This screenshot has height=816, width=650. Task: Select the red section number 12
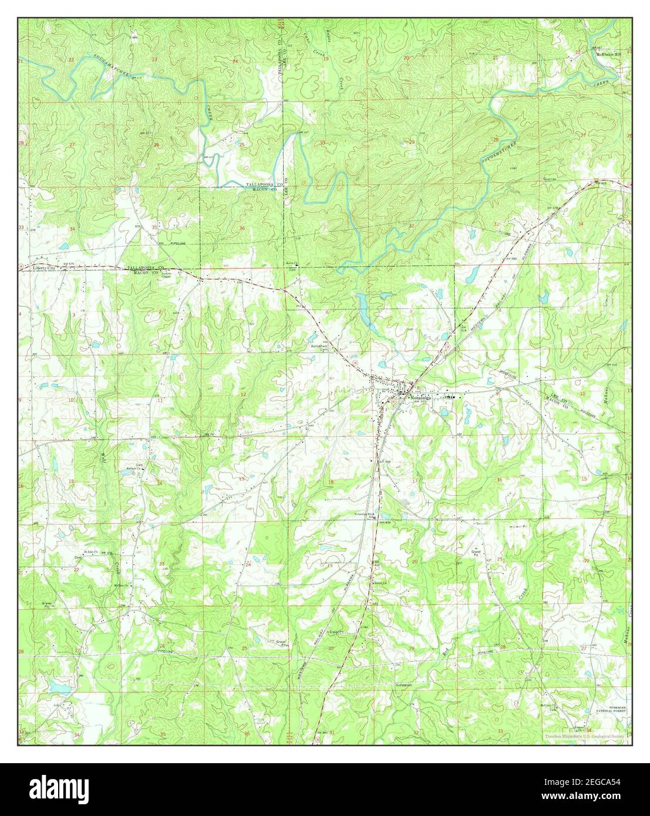pyautogui.click(x=243, y=394)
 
